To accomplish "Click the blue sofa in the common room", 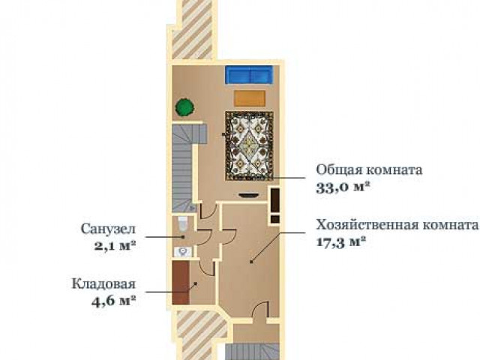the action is click(249, 74).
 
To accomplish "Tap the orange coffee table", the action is click(250, 98).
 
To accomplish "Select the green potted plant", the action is click(185, 107).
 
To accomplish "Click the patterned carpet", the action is click(249, 146).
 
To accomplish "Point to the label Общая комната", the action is click(369, 170).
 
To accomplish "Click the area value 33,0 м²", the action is click(341, 187).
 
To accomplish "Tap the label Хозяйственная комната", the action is click(397, 225).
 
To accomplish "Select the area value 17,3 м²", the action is click(341, 241).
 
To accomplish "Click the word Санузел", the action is click(108, 229).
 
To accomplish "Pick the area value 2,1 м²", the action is click(115, 245).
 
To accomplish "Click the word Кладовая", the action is click(103, 283).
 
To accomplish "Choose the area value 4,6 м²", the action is click(113, 301).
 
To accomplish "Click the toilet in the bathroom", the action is click(183, 223).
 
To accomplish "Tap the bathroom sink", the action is click(183, 252).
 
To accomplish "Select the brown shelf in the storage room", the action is click(180, 282).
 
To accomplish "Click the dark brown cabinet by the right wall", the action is click(275, 205).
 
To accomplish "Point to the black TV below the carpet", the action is click(248, 195).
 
